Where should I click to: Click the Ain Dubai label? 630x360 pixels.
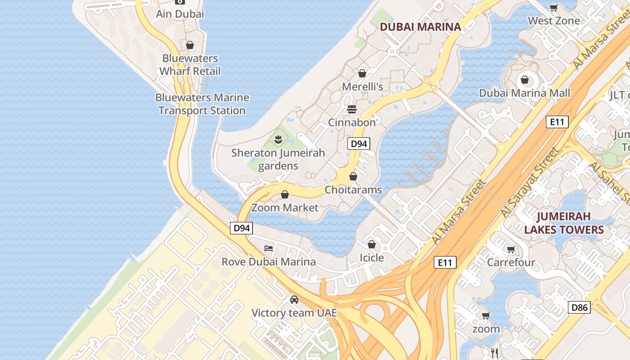[180, 14]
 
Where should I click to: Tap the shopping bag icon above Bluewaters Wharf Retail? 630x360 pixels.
[190, 45]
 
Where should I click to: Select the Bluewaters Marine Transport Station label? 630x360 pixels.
[202, 104]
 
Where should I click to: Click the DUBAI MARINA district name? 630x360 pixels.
[420, 27]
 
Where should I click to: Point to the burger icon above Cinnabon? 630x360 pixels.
[351, 109]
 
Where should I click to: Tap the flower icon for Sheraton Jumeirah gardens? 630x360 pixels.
[278, 139]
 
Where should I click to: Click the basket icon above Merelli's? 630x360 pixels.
[362, 73]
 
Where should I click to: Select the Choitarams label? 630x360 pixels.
[353, 190]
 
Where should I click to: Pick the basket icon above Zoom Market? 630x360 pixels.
[285, 194]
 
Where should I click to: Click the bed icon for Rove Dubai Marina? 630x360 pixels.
[269, 248]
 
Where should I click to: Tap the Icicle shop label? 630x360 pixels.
[372, 258]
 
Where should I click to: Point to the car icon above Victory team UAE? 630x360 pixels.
[294, 300]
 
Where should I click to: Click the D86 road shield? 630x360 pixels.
[579, 308]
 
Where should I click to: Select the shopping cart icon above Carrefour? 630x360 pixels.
[511, 249]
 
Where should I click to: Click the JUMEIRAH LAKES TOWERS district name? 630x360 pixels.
[563, 223]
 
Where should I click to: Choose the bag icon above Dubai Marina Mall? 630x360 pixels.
[524, 80]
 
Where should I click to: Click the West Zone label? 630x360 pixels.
[553, 21]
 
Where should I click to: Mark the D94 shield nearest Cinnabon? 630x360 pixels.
[359, 144]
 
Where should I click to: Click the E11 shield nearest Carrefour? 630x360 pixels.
[445, 262]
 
